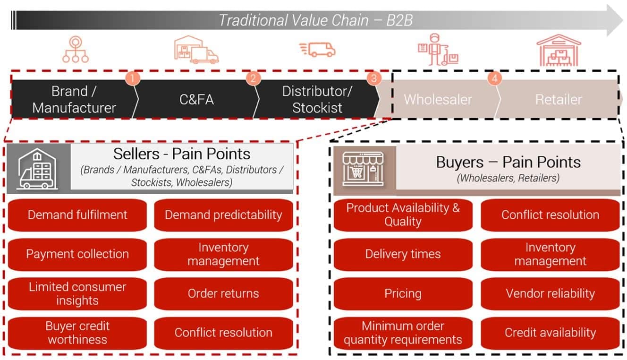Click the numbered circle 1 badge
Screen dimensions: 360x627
pos(133,78)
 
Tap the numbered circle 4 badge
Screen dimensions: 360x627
pos(494,78)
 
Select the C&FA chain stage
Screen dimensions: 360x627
pos(197,100)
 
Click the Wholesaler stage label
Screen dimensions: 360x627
pos(438,100)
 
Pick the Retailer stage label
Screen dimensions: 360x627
pos(559,100)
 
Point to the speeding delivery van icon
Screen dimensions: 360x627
pos(317,49)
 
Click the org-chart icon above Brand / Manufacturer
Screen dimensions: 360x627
pos(76,50)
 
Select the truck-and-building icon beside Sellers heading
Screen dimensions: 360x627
pos(38,169)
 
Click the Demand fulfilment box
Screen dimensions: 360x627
pos(77,215)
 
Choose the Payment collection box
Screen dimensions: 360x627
pos(77,254)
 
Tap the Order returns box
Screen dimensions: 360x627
pos(223,293)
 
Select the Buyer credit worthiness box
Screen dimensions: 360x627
pos(77,333)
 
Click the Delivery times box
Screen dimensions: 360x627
pos(403,254)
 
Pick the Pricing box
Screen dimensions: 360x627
pos(403,293)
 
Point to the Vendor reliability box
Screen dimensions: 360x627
pos(550,293)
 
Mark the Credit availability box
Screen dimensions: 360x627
pos(550,333)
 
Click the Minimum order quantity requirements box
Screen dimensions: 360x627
pos(403,333)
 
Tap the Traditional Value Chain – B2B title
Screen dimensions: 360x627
pos(315,21)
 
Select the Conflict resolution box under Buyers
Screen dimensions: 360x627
pos(550,215)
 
